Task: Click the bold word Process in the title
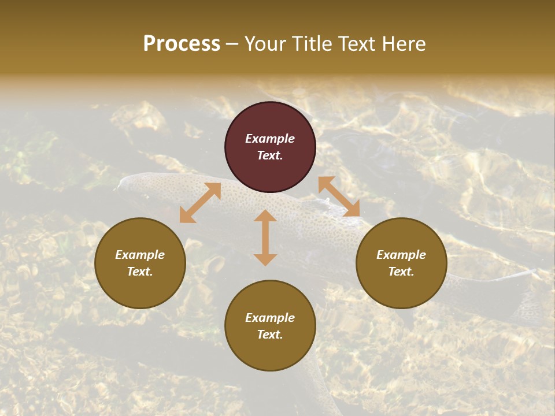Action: [x=182, y=44]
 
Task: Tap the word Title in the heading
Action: [x=313, y=44]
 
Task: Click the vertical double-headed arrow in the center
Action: [x=265, y=237]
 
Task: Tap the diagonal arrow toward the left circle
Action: [x=200, y=203]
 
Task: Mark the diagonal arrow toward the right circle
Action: [x=339, y=196]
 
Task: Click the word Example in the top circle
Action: [x=270, y=139]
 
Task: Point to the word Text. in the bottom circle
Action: [x=270, y=335]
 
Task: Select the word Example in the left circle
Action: [x=140, y=255]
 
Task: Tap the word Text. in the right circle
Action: [x=401, y=272]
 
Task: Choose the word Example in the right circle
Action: [x=401, y=255]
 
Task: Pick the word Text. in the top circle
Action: [x=270, y=155]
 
